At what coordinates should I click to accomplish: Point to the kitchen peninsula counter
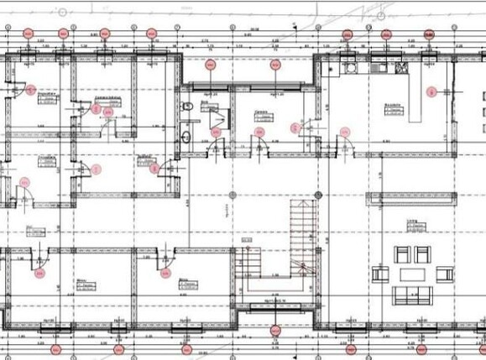click(x=412, y=101)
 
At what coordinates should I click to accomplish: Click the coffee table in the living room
click(x=412, y=274)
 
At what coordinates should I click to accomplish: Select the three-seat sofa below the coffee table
click(x=412, y=294)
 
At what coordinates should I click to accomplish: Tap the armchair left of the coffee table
click(x=381, y=274)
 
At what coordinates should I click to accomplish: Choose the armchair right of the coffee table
click(x=442, y=274)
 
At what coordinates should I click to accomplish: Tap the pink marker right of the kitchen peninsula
click(x=431, y=91)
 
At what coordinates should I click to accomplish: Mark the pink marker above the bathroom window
click(x=210, y=63)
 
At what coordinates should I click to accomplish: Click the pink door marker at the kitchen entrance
click(x=344, y=132)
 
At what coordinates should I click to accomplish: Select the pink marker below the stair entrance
click(x=274, y=331)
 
